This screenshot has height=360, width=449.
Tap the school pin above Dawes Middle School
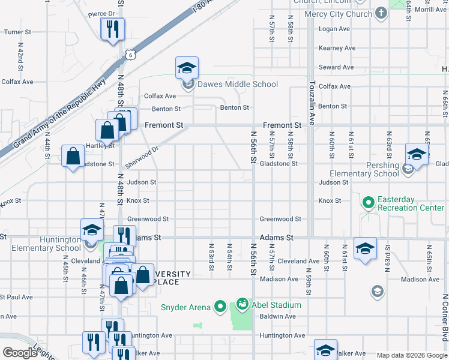pos(187,68)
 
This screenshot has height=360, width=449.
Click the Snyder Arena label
pos(185,307)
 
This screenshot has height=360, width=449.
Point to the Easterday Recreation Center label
pos(411,204)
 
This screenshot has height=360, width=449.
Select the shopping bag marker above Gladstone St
pos(73,157)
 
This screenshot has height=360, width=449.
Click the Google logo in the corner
pos(20,353)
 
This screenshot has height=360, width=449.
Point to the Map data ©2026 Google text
pos(411,355)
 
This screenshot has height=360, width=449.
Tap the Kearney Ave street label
pos(337,48)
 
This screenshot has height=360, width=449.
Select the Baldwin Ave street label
pos(277,316)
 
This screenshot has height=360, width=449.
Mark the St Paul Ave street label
pos(16,297)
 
